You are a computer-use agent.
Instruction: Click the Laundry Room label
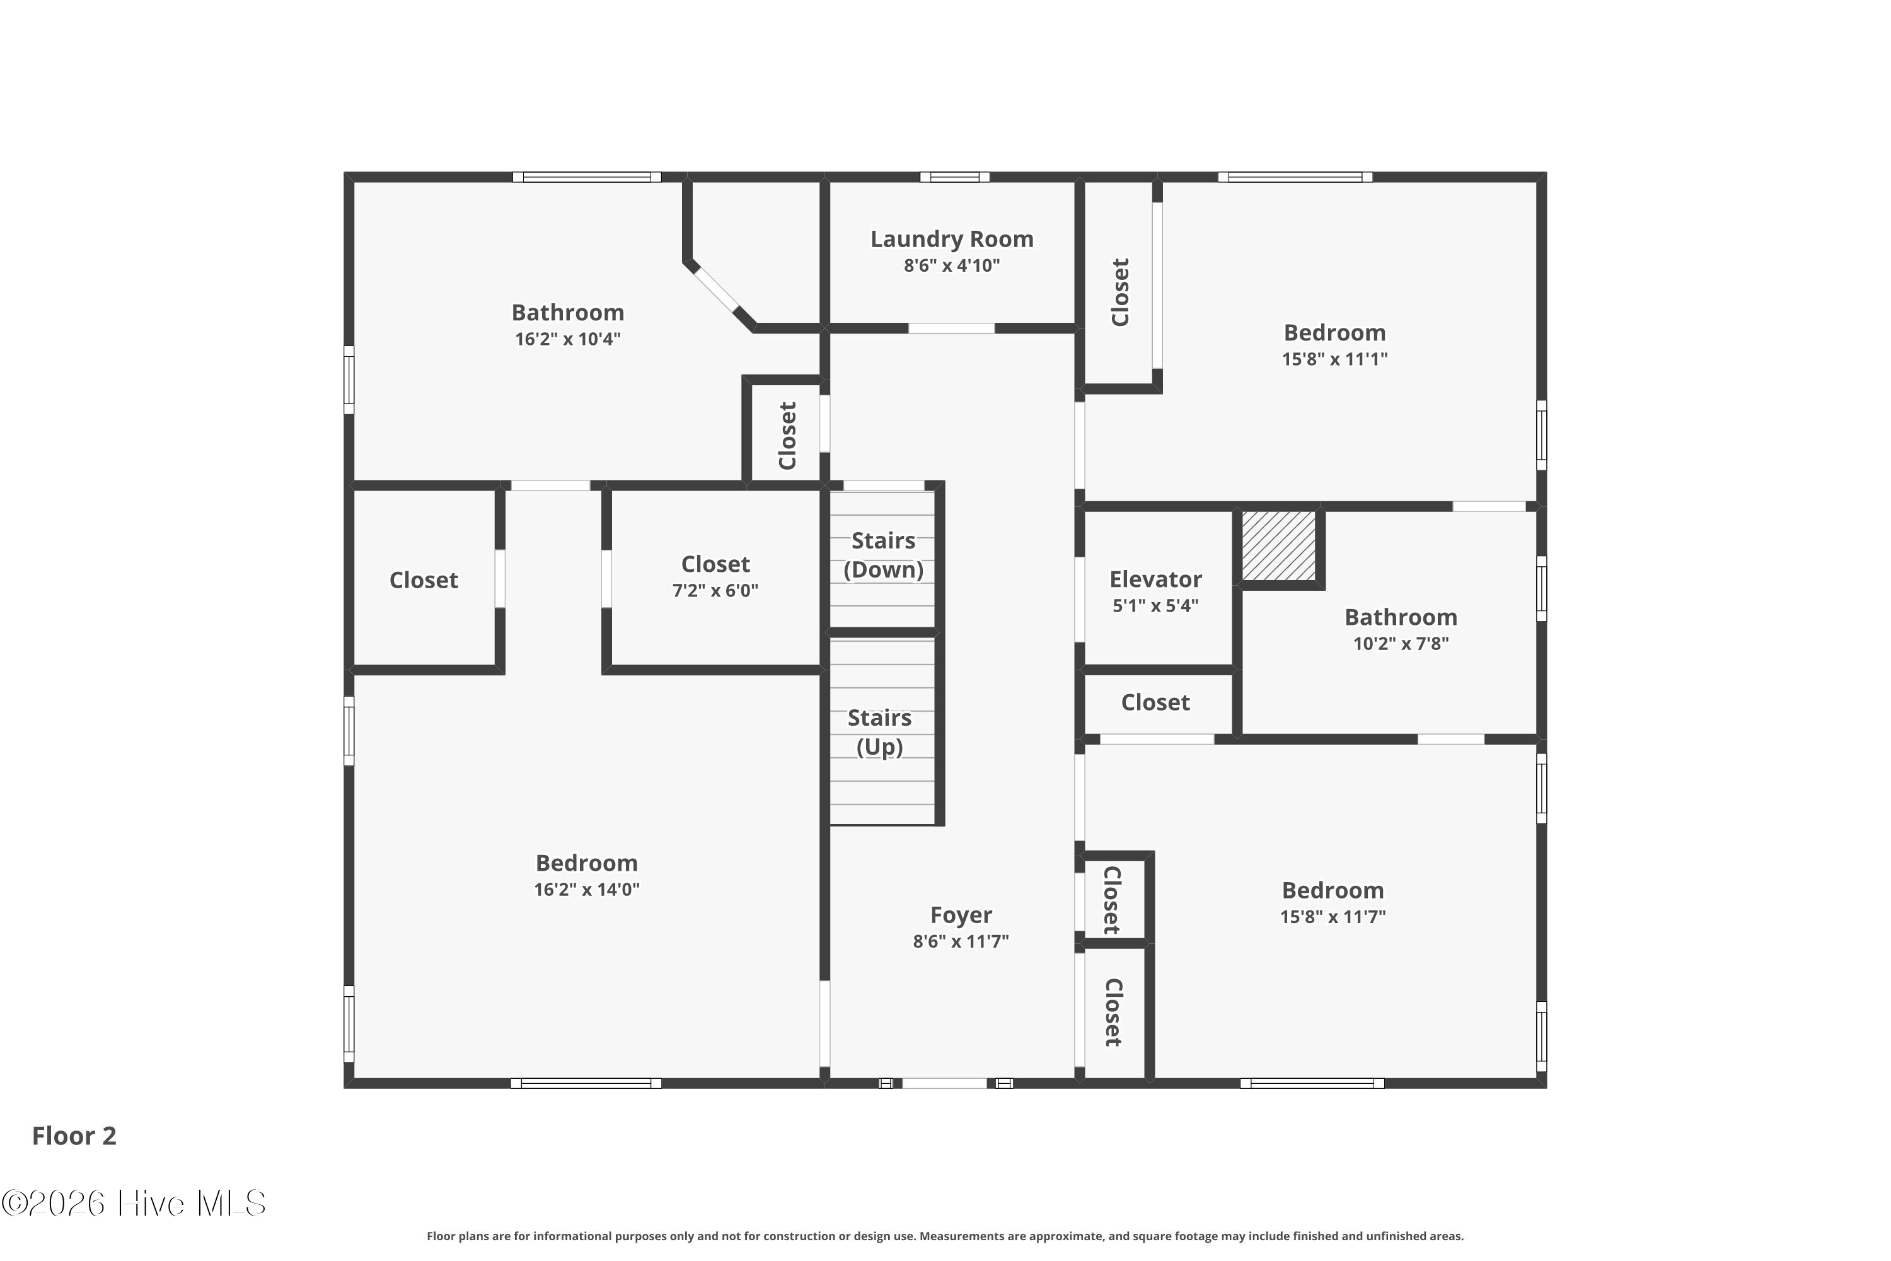coord(952,239)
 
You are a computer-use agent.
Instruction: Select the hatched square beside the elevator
coord(1278,545)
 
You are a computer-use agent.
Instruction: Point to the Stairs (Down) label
coord(883,555)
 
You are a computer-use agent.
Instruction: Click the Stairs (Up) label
coord(879,732)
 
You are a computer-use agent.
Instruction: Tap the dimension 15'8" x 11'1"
coord(1334,359)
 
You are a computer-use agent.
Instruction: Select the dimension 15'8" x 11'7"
coord(1333,916)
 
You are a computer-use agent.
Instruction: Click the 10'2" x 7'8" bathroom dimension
coord(1401,642)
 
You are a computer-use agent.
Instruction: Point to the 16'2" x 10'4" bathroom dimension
coord(568,339)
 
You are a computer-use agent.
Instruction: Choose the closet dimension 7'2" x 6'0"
coord(715,590)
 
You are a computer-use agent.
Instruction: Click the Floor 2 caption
coord(74,1136)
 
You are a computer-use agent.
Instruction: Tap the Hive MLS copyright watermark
coord(134,1203)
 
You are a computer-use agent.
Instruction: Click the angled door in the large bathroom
coord(715,289)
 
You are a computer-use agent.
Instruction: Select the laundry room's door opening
coord(951,328)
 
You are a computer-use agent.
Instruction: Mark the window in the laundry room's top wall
coord(954,177)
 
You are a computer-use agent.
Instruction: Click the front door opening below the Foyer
coord(945,1083)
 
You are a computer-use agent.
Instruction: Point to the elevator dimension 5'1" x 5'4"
coord(1155,605)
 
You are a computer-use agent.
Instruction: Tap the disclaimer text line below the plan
coord(945,1236)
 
